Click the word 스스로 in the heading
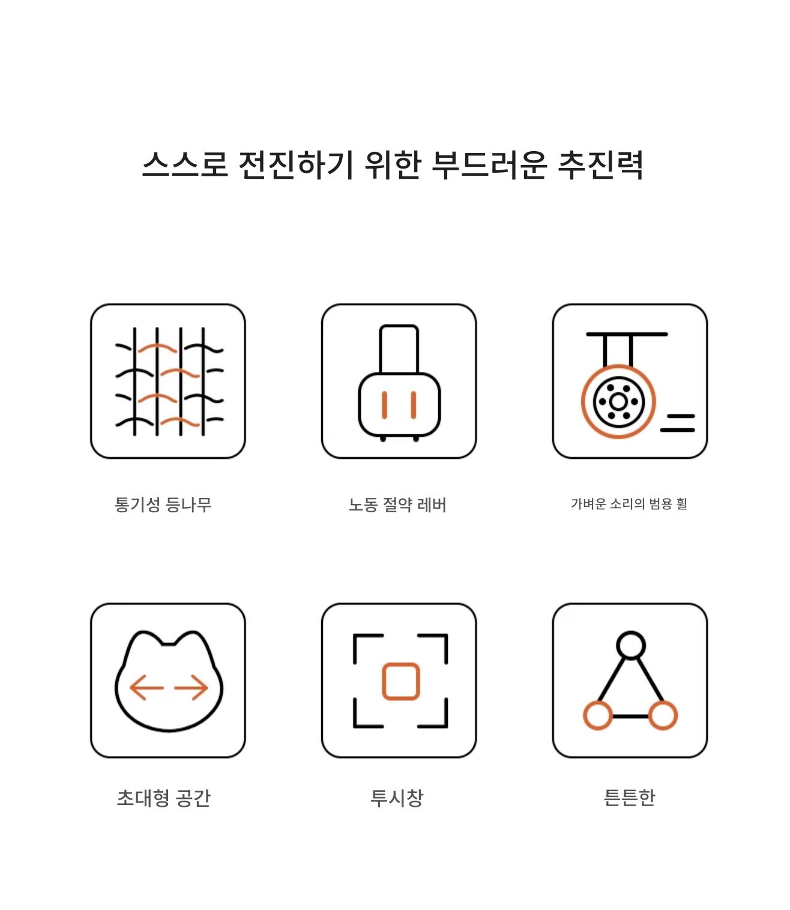(185, 164)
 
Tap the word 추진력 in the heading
(600, 165)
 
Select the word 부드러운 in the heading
(489, 165)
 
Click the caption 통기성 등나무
(163, 504)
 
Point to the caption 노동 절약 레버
(397, 504)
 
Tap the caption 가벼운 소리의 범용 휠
(629, 503)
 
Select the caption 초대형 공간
(163, 797)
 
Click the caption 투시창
(397, 797)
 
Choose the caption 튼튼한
(629, 797)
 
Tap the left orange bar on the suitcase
(385, 405)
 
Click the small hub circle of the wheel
(618, 402)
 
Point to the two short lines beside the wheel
(677, 423)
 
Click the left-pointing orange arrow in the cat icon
(146, 687)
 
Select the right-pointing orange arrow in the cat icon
(191, 687)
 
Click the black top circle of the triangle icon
(631, 633)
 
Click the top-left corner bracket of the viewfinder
(355, 636)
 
